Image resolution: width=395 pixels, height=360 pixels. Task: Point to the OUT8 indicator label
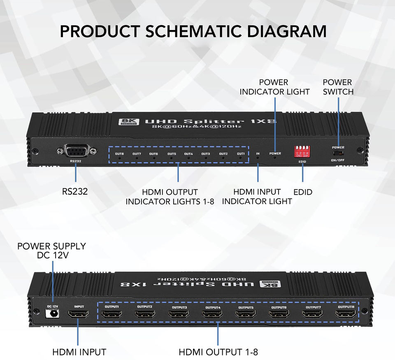tap(119, 154)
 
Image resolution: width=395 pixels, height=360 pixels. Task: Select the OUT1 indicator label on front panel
tap(241, 154)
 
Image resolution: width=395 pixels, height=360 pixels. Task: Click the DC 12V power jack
tap(52, 314)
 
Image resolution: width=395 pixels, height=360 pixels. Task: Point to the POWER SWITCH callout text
tap(338, 87)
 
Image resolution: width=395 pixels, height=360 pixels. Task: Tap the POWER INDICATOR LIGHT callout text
tap(274, 87)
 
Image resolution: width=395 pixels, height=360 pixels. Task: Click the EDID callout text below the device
tap(303, 192)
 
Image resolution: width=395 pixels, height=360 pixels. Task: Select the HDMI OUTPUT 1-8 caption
tap(218, 352)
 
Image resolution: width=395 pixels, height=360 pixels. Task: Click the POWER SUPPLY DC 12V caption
tap(51, 251)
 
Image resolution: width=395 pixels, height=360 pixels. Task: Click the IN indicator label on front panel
tap(258, 154)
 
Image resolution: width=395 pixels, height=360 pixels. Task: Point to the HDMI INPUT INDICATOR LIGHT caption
tap(257, 196)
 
